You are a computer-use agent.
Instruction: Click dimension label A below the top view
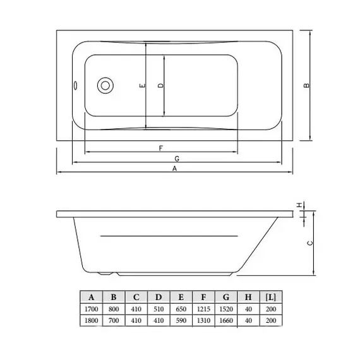pos(175,169)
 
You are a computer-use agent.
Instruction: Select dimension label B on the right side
pos(306,87)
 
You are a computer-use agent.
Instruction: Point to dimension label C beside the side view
pos(309,243)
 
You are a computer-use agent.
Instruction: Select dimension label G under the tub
pos(177,158)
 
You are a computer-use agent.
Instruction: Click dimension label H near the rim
pos(301,203)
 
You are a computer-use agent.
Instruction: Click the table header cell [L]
pos(270,297)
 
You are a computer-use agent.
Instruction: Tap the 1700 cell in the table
pos(92,309)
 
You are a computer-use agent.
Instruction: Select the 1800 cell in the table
pos(92,321)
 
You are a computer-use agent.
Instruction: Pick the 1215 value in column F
pos(203,309)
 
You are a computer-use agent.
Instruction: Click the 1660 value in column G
pos(226,321)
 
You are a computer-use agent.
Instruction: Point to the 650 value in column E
pos(181,309)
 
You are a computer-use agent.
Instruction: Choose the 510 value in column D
pos(159,309)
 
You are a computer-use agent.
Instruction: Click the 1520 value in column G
pos(226,309)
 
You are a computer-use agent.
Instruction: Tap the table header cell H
pos(248,297)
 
